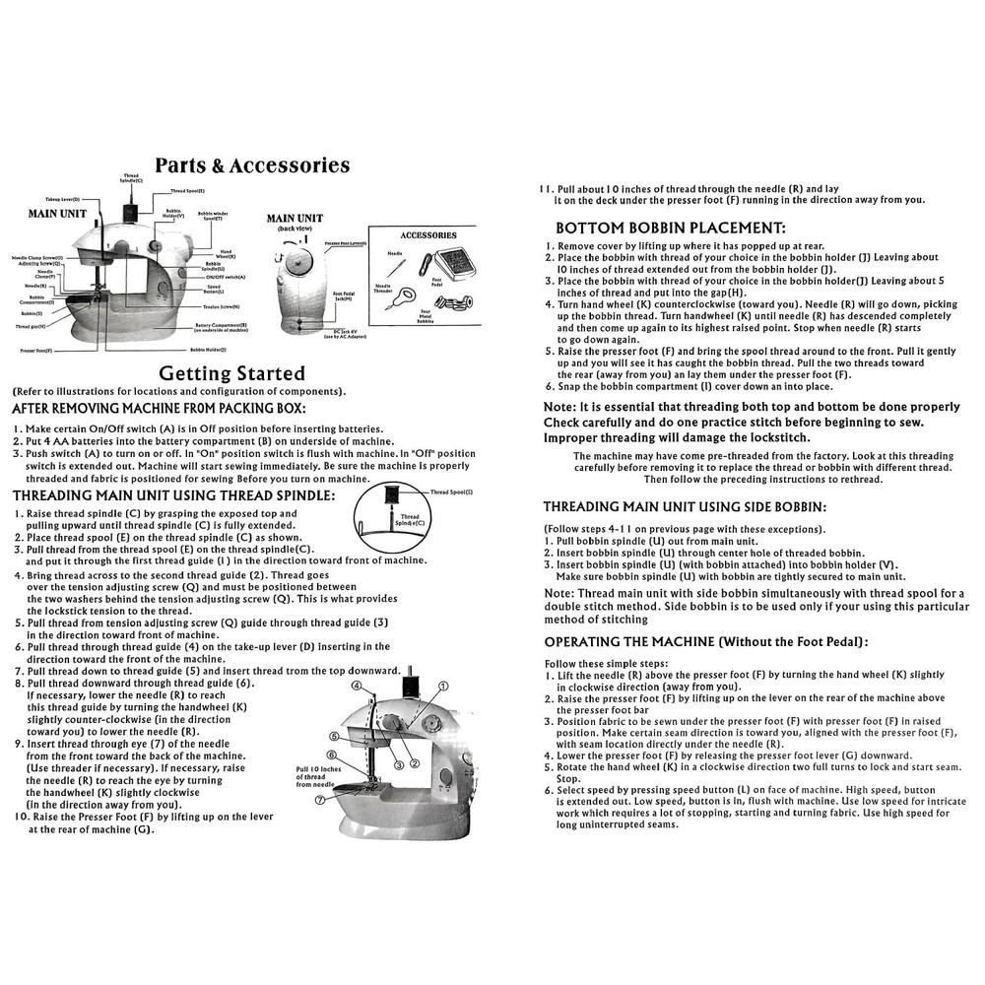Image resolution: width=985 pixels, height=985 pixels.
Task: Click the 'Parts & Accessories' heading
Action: click(x=252, y=165)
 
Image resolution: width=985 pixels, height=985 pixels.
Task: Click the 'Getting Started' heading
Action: click(x=232, y=373)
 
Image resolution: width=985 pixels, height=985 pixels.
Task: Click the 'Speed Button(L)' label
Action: click(x=214, y=290)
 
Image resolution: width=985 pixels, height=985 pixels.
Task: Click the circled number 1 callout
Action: click(x=443, y=685)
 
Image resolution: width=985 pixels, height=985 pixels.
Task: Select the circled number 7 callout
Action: click(x=320, y=801)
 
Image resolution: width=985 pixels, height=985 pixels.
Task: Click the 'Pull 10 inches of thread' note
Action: click(x=317, y=777)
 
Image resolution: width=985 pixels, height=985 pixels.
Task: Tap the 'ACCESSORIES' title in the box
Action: click(x=428, y=235)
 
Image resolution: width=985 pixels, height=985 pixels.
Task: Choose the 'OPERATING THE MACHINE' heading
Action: click(x=705, y=641)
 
